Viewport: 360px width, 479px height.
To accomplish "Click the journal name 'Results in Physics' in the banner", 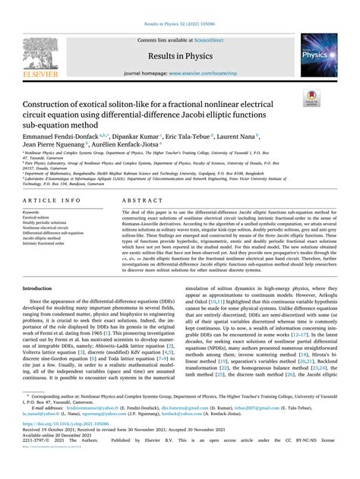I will pyautogui.click(x=180, y=54).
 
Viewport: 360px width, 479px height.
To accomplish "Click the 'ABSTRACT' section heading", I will pyautogui.click(x=141, y=203).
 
